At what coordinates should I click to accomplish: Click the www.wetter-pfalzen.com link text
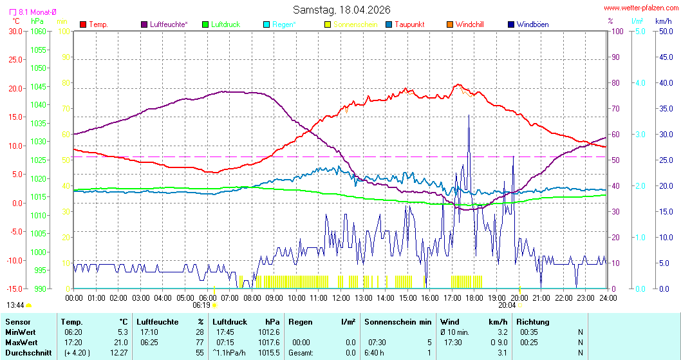640,8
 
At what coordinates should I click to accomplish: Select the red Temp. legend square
83,24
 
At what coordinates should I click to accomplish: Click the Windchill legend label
469,24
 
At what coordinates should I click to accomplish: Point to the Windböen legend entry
532,24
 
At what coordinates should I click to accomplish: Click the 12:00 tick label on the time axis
341,298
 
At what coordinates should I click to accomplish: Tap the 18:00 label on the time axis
474,298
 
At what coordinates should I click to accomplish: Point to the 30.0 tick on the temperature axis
15,31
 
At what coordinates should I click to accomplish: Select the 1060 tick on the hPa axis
39,31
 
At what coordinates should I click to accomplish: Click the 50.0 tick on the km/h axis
664,31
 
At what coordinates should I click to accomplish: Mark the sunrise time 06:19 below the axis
201,305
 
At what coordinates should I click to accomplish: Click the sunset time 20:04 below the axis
507,305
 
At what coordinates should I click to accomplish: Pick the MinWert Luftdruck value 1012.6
269,332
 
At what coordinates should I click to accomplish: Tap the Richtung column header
533,321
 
